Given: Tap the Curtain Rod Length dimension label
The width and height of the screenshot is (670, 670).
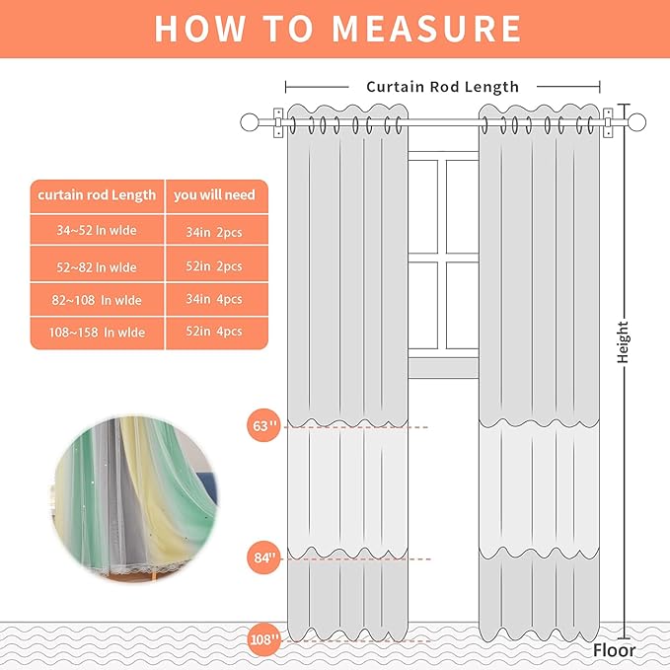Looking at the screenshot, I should point(442,87).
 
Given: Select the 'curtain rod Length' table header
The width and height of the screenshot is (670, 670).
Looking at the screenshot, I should point(97,195).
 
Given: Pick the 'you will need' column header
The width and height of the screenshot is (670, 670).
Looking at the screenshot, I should point(214,195).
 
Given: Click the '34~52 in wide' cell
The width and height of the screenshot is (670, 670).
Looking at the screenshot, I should point(97,231).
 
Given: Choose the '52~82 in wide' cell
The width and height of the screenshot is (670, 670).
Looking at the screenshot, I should point(97,266).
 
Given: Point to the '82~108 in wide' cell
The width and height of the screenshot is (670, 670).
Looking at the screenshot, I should point(97,299).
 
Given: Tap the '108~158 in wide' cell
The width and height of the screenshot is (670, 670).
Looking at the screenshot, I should point(97,333).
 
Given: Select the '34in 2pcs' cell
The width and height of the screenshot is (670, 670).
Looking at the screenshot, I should point(214,231).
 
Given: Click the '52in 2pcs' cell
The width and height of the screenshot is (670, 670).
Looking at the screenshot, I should point(214,266).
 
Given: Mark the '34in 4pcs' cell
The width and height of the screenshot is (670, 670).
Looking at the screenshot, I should point(214,299).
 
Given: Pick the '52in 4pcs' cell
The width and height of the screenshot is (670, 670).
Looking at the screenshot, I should point(214,333).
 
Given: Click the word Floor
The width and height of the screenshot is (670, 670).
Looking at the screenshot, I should point(614,650).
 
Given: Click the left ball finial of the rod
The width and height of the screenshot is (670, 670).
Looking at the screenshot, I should point(250,122).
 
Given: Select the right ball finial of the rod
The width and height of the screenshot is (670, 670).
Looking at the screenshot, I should point(637,122).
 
